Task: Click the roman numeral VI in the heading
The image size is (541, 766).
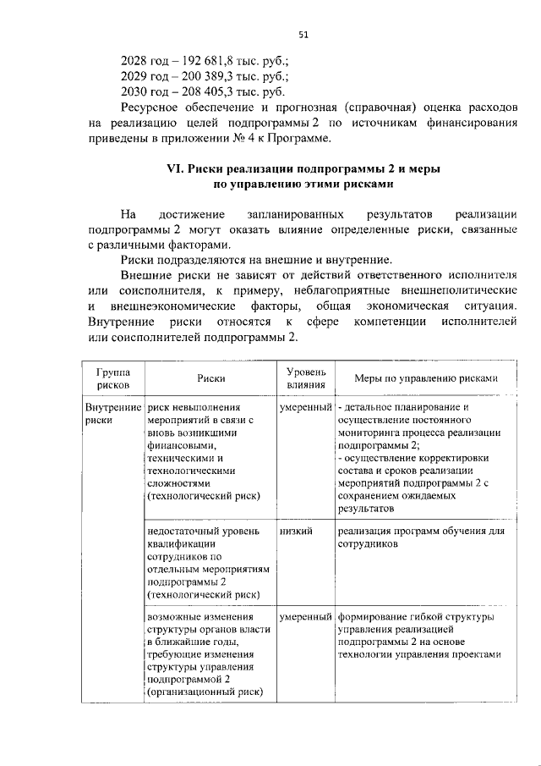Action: (x=175, y=169)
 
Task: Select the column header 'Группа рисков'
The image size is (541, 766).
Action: (x=113, y=377)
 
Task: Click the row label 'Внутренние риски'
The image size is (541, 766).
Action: (x=112, y=412)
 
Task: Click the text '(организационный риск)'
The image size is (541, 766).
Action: (x=205, y=692)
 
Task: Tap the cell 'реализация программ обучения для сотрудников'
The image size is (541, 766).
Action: (x=420, y=537)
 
